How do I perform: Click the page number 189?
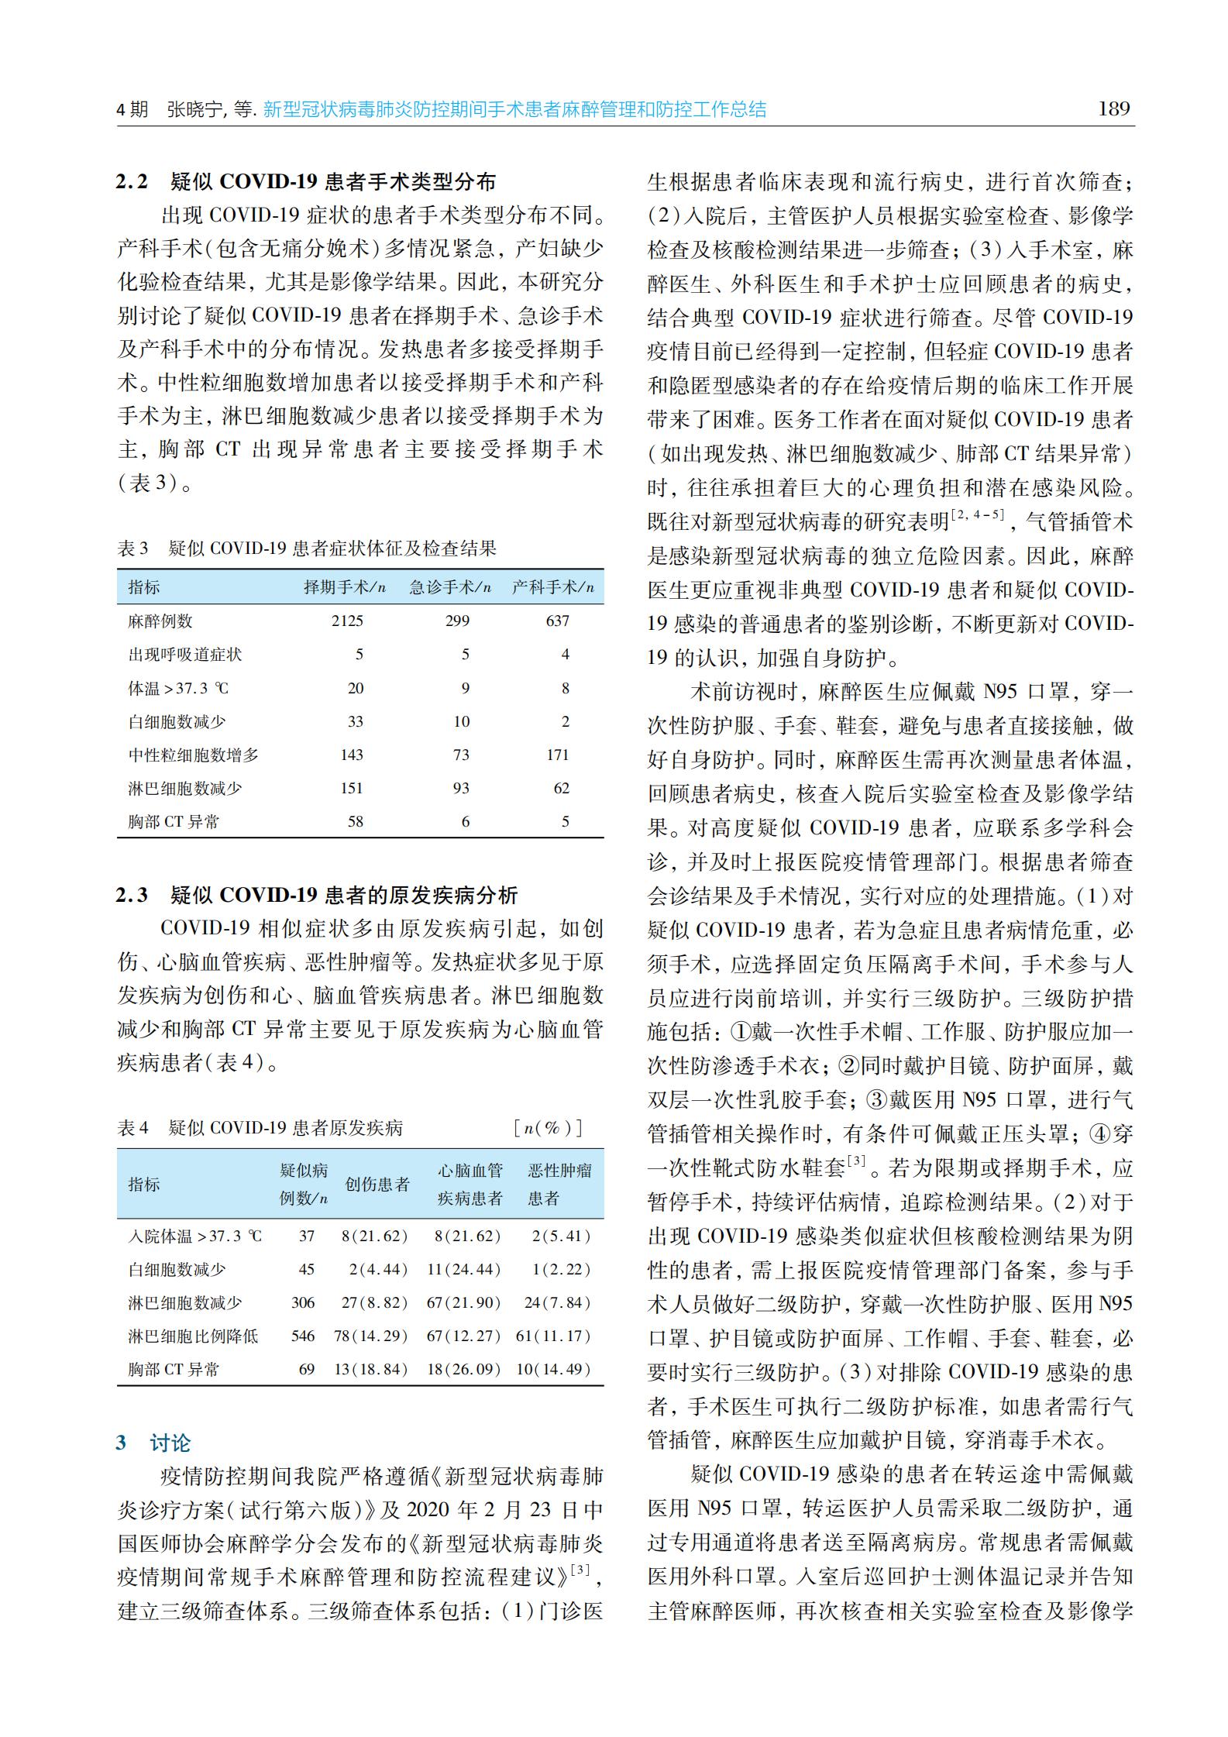pos(1114,108)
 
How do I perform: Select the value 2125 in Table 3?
pos(347,621)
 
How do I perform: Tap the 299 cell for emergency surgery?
pos(457,621)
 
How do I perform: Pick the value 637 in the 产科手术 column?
pos(557,621)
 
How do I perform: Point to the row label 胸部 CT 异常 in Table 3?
pos(174,821)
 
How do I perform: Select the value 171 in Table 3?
pos(557,755)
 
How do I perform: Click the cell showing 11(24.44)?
pos(464,1269)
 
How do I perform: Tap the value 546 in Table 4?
pos(303,1336)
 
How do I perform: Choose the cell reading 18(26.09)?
pos(464,1369)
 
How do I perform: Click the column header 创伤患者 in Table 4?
pos(377,1184)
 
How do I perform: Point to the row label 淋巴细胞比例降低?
pos(193,1336)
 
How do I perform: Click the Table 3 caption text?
pos(307,549)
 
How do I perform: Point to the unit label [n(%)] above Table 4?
pos(548,1127)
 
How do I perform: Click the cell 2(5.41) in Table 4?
pos(561,1236)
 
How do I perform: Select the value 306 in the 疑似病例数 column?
pos(303,1302)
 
